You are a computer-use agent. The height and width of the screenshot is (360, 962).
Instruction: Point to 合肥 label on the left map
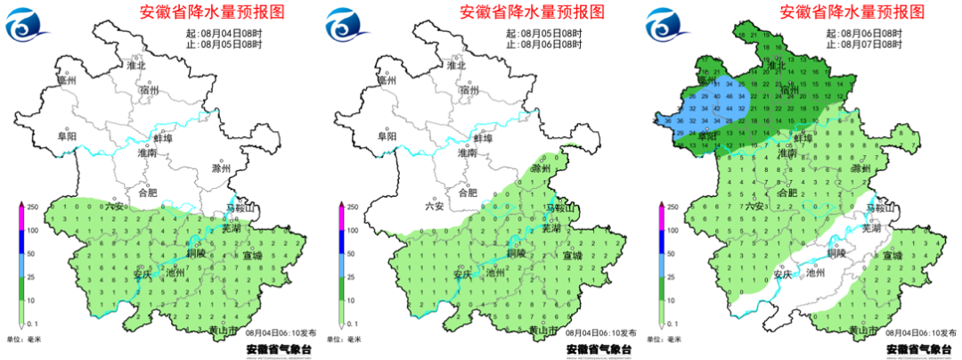coord(149,192)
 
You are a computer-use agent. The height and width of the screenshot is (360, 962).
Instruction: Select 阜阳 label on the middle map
coord(387,136)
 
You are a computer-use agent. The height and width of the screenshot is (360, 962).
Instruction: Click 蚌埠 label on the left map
coord(162,139)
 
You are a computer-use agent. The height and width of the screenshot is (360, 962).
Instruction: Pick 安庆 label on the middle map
coord(461,274)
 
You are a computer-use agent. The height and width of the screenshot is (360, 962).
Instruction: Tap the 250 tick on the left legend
coord(30,207)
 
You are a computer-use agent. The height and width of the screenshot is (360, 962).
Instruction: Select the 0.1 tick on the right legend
coord(672,323)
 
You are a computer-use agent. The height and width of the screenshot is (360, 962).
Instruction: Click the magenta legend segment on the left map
coord(20,218)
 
